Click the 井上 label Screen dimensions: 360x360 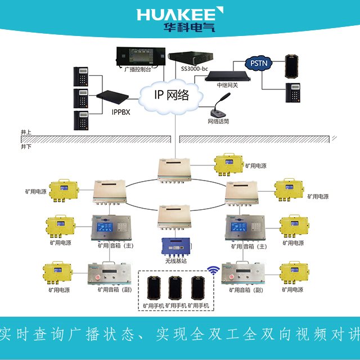point(26,133)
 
